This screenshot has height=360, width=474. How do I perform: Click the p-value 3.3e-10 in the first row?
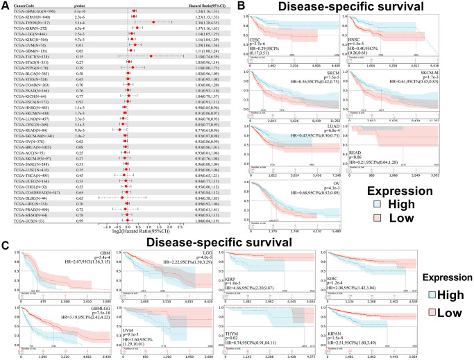click(81, 12)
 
